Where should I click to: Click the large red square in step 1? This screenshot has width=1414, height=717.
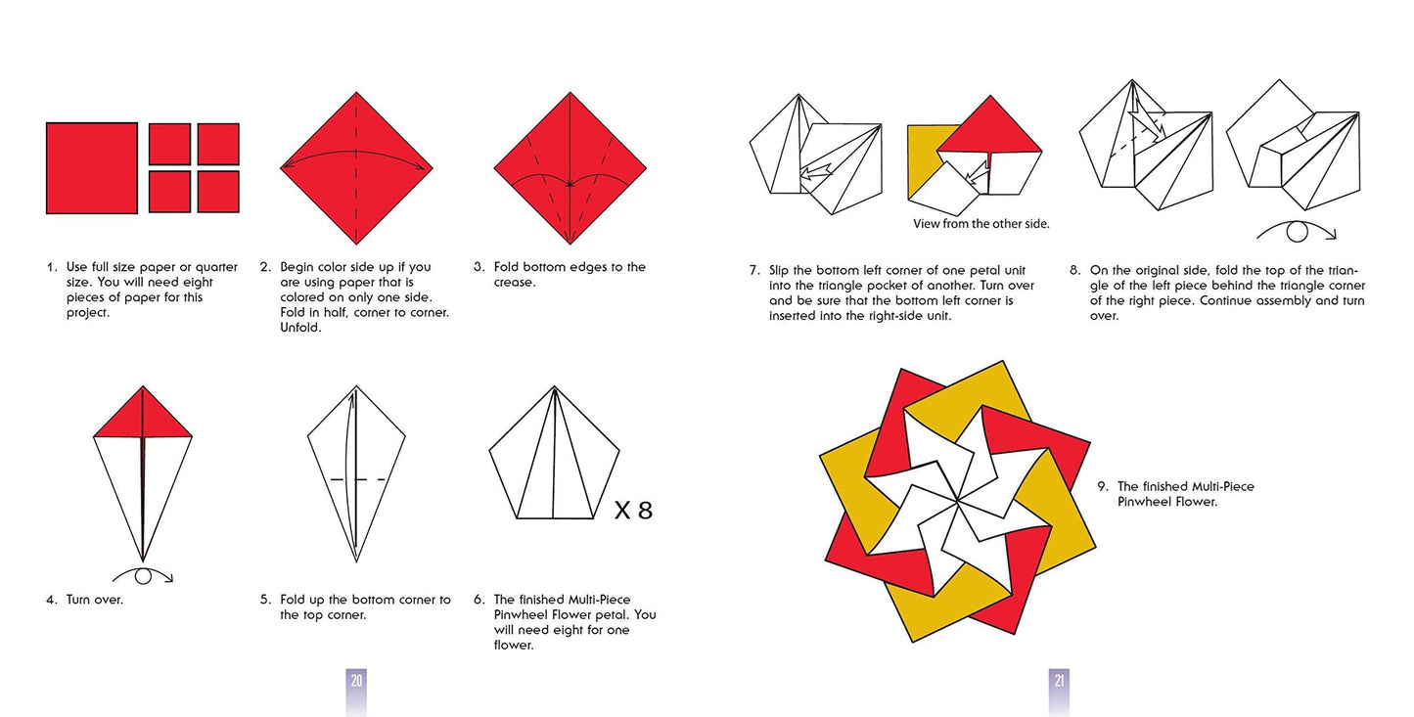tap(92, 167)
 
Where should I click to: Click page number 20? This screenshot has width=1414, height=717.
tap(356, 680)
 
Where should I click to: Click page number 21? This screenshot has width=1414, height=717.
tap(1058, 680)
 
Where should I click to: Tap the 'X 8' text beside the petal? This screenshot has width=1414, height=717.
tap(633, 510)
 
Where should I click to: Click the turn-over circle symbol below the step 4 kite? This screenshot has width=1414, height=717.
tap(143, 576)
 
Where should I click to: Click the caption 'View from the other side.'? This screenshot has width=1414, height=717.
tap(981, 224)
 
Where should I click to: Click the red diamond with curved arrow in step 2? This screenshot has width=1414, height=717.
tap(356, 168)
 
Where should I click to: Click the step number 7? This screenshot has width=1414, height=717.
tap(754, 270)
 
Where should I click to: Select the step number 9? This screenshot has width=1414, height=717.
tap(1102, 486)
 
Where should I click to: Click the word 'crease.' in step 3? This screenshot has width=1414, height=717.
tap(514, 283)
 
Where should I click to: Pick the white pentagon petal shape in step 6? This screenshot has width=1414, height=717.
tap(554, 460)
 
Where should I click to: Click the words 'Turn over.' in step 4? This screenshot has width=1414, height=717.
tap(94, 600)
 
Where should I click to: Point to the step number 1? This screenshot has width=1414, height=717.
tap(51, 267)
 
